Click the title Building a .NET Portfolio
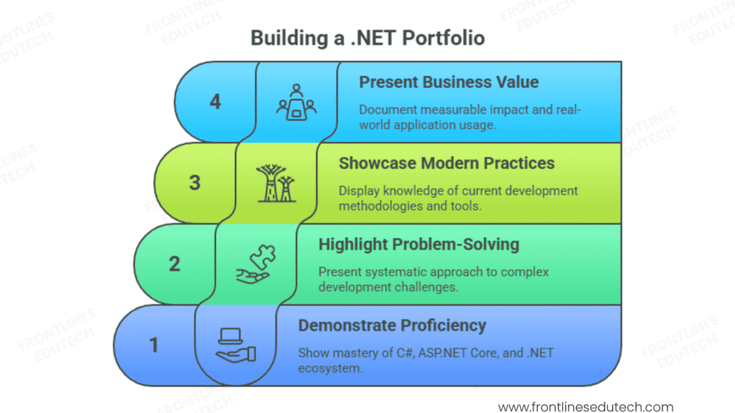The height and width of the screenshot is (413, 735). click(367, 37)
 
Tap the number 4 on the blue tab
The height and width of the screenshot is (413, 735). click(215, 102)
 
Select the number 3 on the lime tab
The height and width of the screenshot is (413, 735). click(195, 183)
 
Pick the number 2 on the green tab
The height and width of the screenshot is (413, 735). click(174, 264)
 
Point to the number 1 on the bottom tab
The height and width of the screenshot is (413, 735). click(154, 346)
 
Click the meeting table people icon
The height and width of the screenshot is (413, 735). click(296, 102)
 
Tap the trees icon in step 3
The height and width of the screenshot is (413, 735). click(276, 184)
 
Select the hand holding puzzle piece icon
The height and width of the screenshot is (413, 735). click(255, 265)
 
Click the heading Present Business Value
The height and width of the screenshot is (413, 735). click(449, 82)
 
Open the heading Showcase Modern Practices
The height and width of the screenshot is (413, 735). click(446, 163)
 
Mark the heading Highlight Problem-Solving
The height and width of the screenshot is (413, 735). click(418, 245)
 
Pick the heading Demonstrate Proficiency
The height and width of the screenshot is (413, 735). click(392, 326)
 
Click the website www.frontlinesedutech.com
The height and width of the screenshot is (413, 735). click(586, 407)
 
